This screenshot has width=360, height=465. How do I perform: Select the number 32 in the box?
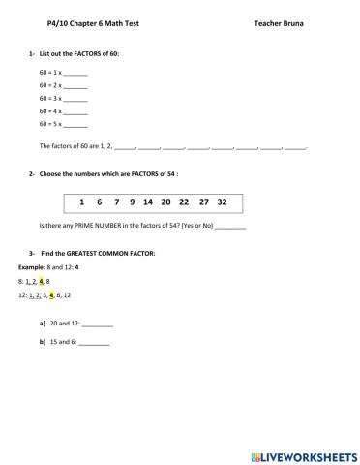[x=223, y=202]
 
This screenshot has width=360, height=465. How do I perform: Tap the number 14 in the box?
[x=147, y=202]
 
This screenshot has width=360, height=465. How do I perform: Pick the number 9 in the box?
[x=130, y=202]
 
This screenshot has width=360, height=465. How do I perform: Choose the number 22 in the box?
[x=184, y=202]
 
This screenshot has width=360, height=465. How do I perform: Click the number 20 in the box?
[x=166, y=202]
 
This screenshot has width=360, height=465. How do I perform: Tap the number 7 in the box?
[x=115, y=202]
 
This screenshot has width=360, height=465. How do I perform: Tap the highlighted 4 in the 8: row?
[x=43, y=280]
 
